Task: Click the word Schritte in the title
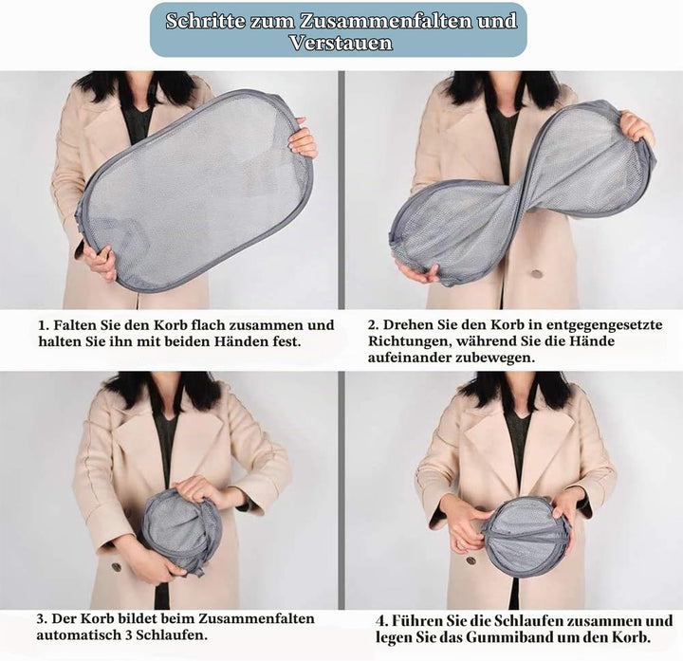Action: [x=205, y=21]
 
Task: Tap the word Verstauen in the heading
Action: [x=341, y=43]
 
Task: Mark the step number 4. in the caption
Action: [x=381, y=621]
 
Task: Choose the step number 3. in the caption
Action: [x=42, y=618]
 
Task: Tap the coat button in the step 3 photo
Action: [x=117, y=566]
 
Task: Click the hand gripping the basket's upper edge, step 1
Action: [x=304, y=138]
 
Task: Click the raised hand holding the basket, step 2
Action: [x=637, y=128]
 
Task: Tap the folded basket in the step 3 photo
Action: [x=181, y=531]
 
